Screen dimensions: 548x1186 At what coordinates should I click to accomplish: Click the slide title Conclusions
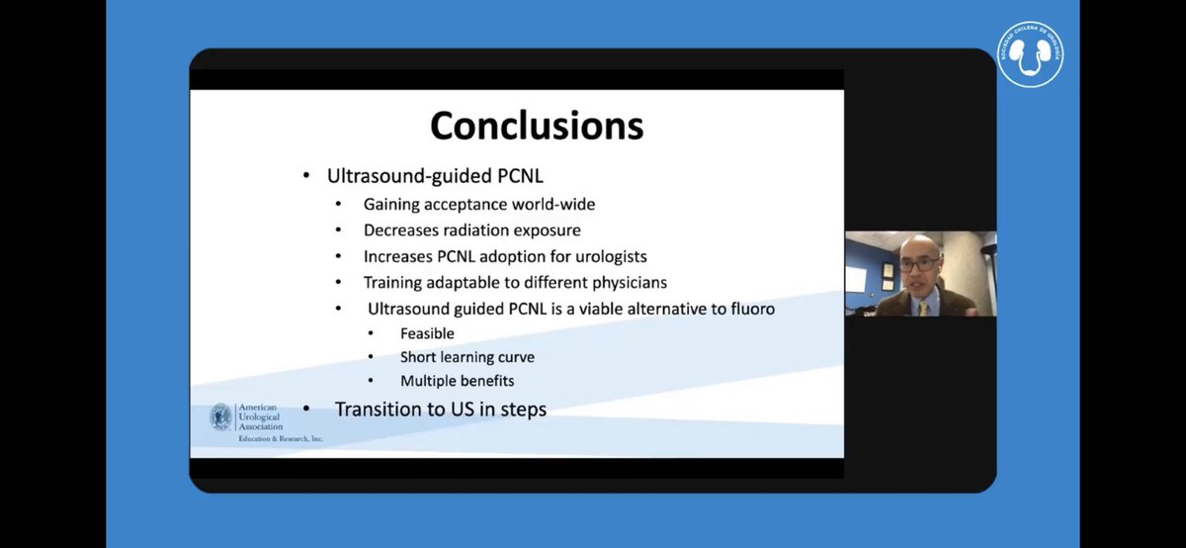click(537, 126)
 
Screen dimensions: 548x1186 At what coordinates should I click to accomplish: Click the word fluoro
click(749, 309)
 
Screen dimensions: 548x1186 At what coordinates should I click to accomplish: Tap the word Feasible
click(427, 333)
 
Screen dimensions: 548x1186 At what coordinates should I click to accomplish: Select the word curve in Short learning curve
click(513, 357)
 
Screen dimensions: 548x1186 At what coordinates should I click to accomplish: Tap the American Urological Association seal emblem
click(221, 416)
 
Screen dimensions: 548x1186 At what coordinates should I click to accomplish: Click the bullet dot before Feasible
click(371, 333)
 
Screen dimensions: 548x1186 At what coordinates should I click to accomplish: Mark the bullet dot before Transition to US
click(307, 410)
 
